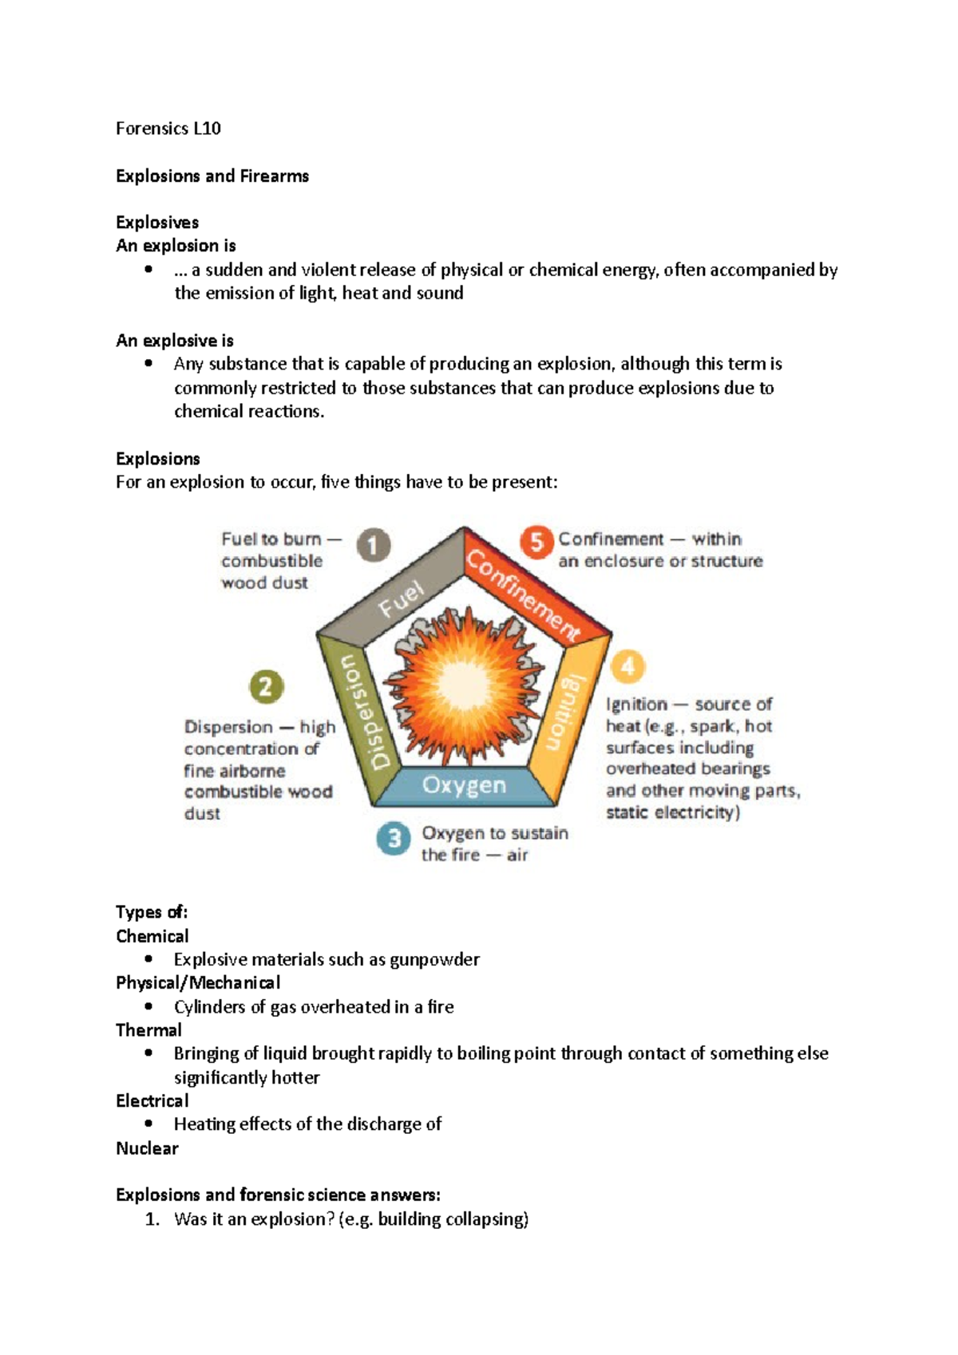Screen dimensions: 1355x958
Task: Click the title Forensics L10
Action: pyautogui.click(x=168, y=128)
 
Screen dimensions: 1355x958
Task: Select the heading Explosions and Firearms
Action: pyautogui.click(x=212, y=176)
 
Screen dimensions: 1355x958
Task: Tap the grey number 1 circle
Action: pyautogui.click(x=373, y=546)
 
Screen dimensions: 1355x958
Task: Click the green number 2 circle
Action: pyautogui.click(x=266, y=686)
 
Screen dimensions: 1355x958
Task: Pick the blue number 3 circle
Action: pyautogui.click(x=394, y=839)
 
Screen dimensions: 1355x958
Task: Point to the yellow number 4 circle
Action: pyautogui.click(x=627, y=666)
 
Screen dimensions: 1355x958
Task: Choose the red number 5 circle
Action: pyautogui.click(x=536, y=542)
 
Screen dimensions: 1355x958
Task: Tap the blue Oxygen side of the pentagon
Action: pyautogui.click(x=464, y=785)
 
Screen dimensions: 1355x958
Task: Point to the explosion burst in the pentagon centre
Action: pyautogui.click(x=463, y=686)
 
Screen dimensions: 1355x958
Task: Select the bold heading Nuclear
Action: pyautogui.click(x=147, y=1148)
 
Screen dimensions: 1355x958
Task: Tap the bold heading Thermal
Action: pyautogui.click(x=148, y=1030)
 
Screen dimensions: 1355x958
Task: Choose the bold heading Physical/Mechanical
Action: pyautogui.click(x=198, y=983)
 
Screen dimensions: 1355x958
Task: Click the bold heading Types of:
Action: pyautogui.click(x=152, y=912)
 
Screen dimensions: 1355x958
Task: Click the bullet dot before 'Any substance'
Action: pyautogui.click(x=148, y=364)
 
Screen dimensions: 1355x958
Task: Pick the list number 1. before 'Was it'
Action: pyautogui.click(x=152, y=1219)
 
